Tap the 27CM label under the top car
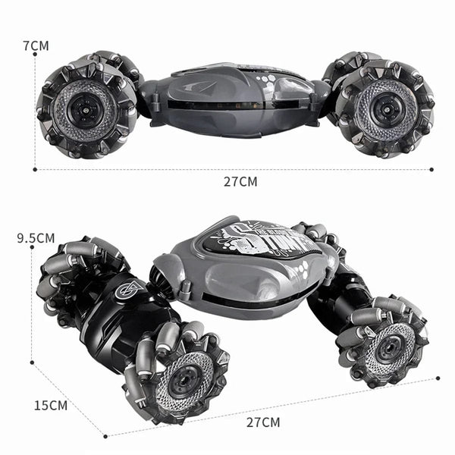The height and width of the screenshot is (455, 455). [x=240, y=182]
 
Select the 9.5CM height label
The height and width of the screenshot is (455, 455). [x=36, y=238]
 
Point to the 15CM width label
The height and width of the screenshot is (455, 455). [x=51, y=405]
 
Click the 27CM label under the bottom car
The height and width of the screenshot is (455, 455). [x=262, y=422]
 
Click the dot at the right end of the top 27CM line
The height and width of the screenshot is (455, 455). [x=431, y=170]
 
